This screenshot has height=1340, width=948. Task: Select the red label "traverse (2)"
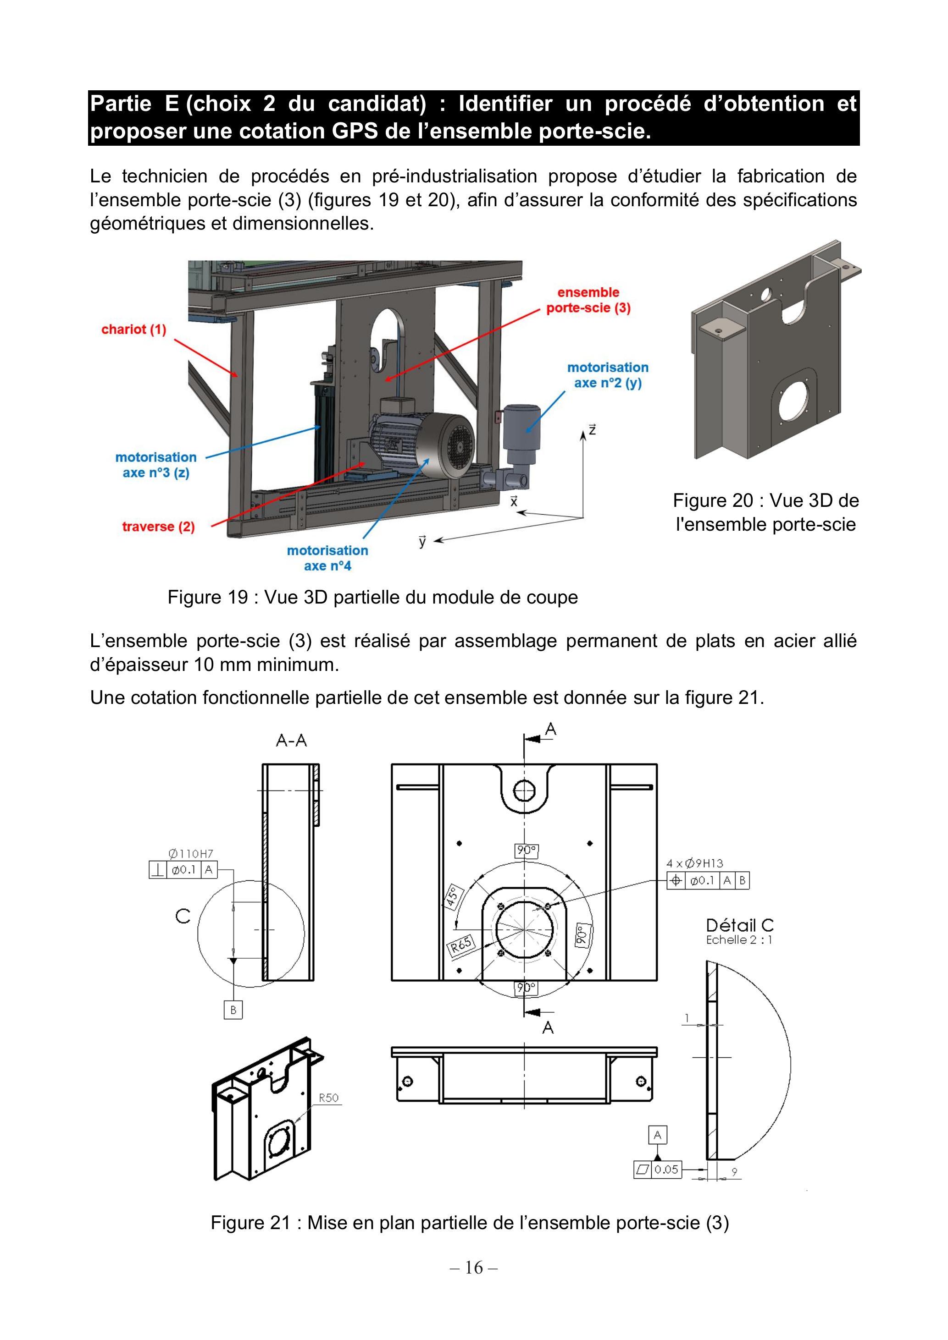click(158, 527)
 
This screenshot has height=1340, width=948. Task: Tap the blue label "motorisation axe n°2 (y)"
click(608, 375)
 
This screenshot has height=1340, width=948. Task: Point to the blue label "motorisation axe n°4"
click(327, 558)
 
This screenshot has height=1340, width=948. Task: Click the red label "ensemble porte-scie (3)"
click(588, 300)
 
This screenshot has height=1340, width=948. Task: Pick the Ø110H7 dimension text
click(191, 854)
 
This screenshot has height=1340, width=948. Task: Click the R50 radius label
click(328, 1098)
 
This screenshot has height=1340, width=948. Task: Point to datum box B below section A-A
click(233, 1010)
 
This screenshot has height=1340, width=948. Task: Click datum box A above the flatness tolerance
click(658, 1135)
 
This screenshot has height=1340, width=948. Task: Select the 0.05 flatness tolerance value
click(666, 1170)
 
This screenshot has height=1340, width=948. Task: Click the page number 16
click(474, 1267)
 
